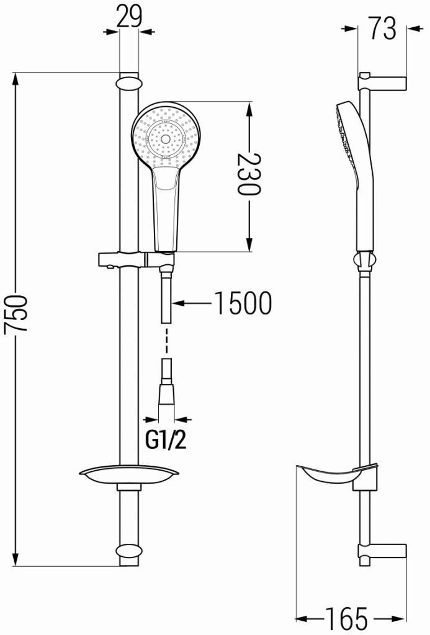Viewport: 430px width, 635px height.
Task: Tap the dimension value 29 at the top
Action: coord(129,17)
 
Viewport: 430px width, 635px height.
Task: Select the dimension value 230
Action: coord(249,174)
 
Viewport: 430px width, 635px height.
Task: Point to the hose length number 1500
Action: coord(243,303)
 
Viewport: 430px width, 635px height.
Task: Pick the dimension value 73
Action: coord(382,28)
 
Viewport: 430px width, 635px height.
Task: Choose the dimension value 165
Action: coord(349,618)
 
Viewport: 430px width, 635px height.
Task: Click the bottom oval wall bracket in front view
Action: coord(128,551)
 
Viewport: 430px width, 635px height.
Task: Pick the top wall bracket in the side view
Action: coord(382,82)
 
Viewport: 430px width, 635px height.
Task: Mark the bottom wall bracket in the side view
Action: coord(382,551)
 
